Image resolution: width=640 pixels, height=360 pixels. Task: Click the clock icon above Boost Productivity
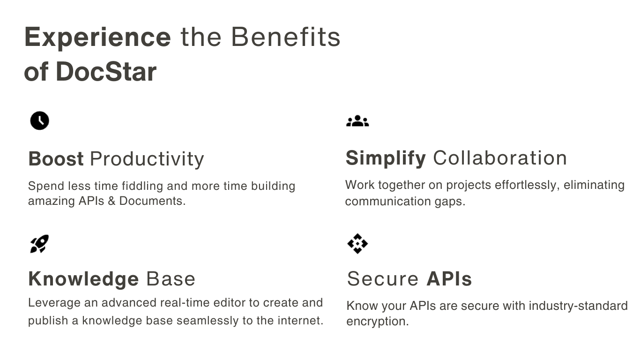(40, 120)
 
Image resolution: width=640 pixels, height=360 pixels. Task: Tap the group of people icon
(357, 120)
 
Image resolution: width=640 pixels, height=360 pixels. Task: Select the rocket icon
(39, 244)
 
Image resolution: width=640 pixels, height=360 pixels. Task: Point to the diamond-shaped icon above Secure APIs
(357, 244)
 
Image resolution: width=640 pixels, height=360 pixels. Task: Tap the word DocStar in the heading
(106, 72)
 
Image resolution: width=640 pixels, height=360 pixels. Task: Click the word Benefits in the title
(285, 37)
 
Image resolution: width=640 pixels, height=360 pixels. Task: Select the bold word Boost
(56, 159)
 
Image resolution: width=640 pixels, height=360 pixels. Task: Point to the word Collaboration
(500, 158)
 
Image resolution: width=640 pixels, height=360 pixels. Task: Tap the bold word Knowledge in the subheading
(84, 279)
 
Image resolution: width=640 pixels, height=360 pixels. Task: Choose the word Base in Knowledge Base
(171, 279)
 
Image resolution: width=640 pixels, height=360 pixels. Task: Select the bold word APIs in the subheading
(449, 279)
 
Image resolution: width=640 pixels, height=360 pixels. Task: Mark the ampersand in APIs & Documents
(112, 201)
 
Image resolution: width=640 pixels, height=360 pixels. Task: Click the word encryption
(378, 322)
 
